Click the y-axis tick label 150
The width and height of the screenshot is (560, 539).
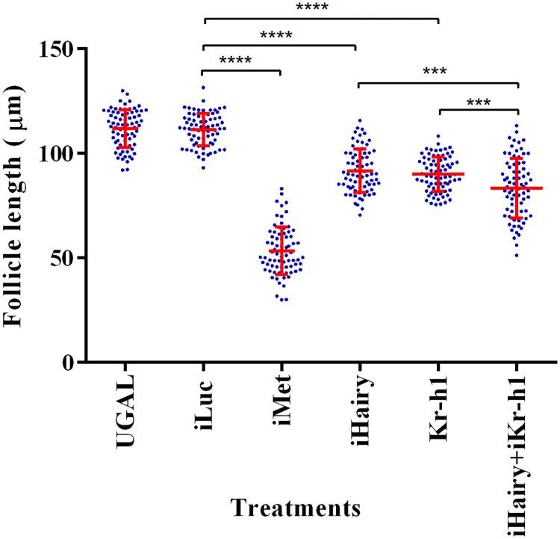(x=60, y=49)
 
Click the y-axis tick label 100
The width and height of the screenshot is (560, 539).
(x=60, y=153)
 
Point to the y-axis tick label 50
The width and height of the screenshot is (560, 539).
(x=65, y=258)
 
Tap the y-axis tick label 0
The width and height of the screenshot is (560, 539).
(x=71, y=363)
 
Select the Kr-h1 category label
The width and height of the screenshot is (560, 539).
(x=438, y=409)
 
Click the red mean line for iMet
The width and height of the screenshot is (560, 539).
(x=281, y=250)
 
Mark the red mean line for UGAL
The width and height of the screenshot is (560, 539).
(x=125, y=128)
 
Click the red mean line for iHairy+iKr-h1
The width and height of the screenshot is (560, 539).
(x=516, y=188)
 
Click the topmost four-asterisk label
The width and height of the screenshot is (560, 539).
(x=319, y=8)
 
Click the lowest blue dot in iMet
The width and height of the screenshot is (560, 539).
(x=283, y=300)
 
